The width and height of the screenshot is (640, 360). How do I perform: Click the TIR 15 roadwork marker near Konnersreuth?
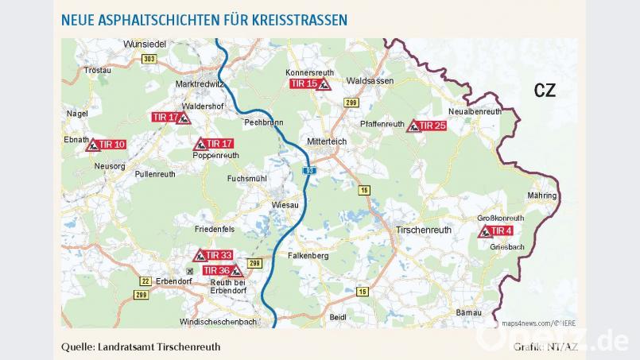point(309,83)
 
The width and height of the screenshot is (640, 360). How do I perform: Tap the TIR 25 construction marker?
point(426,126)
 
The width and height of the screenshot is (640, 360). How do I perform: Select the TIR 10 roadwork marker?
point(106,145)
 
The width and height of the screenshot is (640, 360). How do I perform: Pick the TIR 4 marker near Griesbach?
point(495,231)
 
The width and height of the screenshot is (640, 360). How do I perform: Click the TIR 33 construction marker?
point(213,255)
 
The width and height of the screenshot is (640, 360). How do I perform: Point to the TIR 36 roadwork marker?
point(223,271)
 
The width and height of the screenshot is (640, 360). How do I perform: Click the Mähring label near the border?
point(541,195)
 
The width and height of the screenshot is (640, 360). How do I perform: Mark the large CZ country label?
point(545,91)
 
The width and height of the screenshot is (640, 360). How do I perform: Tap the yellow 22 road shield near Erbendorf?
point(145,281)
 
